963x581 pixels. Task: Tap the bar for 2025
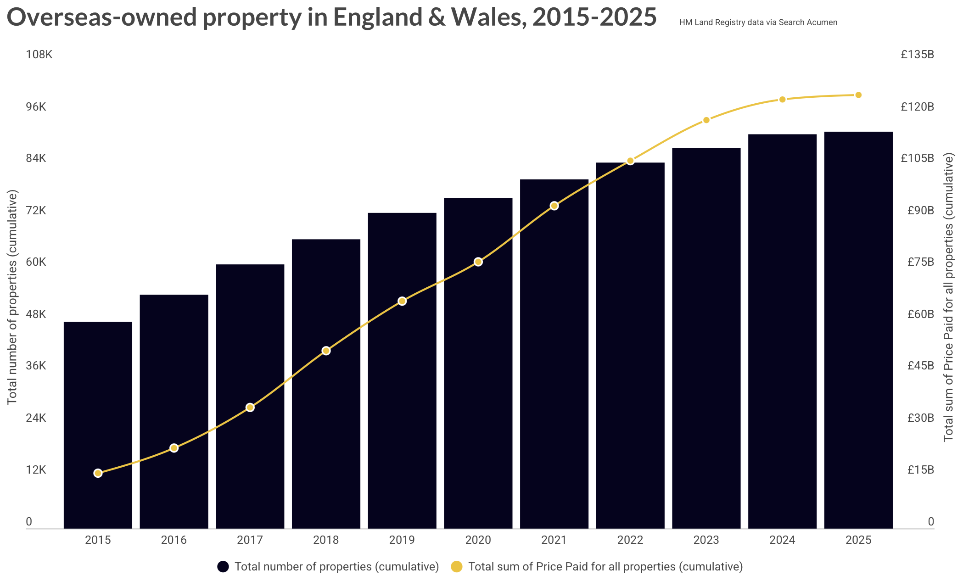pos(858,330)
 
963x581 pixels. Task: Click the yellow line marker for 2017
pos(250,408)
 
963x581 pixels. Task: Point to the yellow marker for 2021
pos(554,206)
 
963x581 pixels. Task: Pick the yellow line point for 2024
pos(783,100)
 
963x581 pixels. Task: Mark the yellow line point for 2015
pos(98,473)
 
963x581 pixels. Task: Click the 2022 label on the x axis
pos(630,540)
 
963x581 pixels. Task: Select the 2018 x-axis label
pos(326,540)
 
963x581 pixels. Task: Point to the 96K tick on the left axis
pos(36,107)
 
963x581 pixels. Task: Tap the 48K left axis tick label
pos(36,314)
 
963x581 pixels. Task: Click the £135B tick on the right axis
pos(917,55)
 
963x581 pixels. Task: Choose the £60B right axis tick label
pos(920,314)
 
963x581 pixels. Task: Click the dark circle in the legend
pos(223,567)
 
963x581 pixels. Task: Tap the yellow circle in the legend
pos(457,567)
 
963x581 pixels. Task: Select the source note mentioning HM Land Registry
pos(758,22)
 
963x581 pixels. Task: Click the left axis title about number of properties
pos(12,297)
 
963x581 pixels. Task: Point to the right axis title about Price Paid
pos(948,297)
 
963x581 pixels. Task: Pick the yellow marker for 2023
pos(706,120)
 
